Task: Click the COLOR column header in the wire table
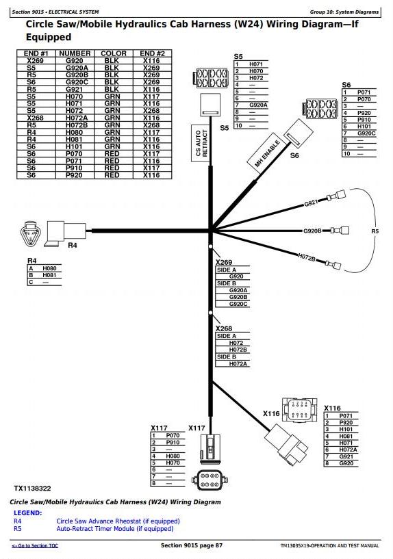tap(114, 53)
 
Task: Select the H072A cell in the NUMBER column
tap(76, 118)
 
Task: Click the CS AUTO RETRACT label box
tap(201, 143)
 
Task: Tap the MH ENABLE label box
tap(268, 153)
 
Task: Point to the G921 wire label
tap(311, 203)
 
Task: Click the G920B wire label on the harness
tap(312, 231)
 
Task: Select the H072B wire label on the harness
tap(307, 257)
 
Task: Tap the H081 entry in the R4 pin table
tap(49, 275)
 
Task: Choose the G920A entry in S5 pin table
tap(258, 105)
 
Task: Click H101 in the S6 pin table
tap(364, 127)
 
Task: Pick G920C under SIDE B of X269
tap(238, 304)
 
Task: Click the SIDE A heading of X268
tap(227, 336)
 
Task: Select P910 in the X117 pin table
tap(173, 443)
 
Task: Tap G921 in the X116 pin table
tap(346, 456)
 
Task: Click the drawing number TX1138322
tap(32, 489)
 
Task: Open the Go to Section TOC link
tap(35, 546)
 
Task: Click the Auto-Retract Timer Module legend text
tap(115, 529)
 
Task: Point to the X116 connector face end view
tap(299, 410)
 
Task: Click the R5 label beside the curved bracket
tap(375, 231)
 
